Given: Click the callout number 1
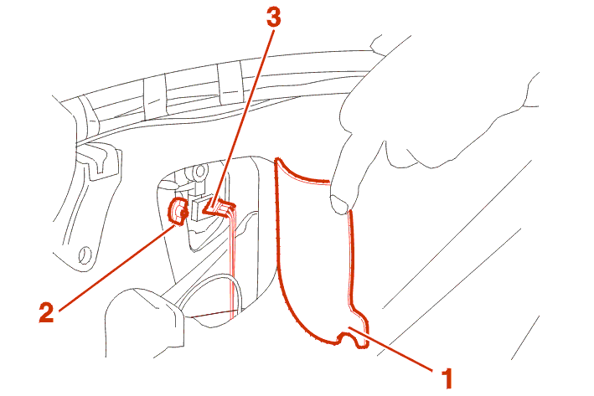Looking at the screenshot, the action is [x=447, y=378].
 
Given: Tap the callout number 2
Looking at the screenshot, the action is [x=47, y=312].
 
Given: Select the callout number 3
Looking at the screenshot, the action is [x=273, y=18].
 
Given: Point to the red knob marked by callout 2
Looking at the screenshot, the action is [x=178, y=211].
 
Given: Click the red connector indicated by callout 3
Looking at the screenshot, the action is [x=219, y=208].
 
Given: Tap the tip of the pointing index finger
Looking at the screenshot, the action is [x=338, y=206].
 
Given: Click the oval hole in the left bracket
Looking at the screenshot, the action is [x=85, y=255].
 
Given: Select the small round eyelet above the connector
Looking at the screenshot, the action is [x=199, y=172].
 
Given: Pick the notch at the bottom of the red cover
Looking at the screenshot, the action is [x=347, y=338].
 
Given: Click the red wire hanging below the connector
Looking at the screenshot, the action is [x=232, y=265].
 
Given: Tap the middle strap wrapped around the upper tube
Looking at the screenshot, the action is [x=154, y=95].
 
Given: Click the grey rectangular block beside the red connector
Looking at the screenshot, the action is [x=199, y=209].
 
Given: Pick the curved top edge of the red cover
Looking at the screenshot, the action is [x=302, y=173].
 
